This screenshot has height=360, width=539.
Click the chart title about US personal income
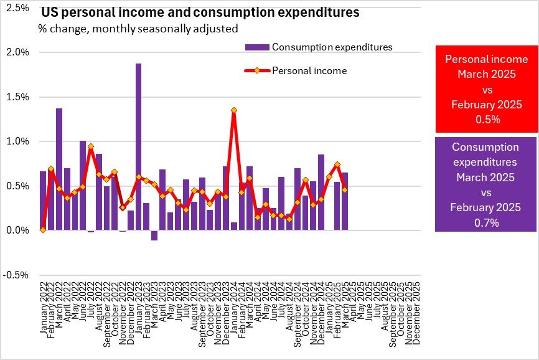(x=200, y=12)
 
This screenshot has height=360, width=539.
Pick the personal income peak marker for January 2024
(x=233, y=110)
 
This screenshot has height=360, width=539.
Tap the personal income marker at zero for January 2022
(x=43, y=230)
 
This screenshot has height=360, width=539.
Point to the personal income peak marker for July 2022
(x=91, y=146)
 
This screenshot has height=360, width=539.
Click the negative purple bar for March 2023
(x=154, y=235)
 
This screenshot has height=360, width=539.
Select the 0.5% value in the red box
(x=486, y=120)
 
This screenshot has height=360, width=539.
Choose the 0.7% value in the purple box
(x=486, y=221)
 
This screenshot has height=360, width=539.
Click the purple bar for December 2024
(x=321, y=192)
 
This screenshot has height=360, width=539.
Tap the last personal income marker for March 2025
(x=345, y=190)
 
